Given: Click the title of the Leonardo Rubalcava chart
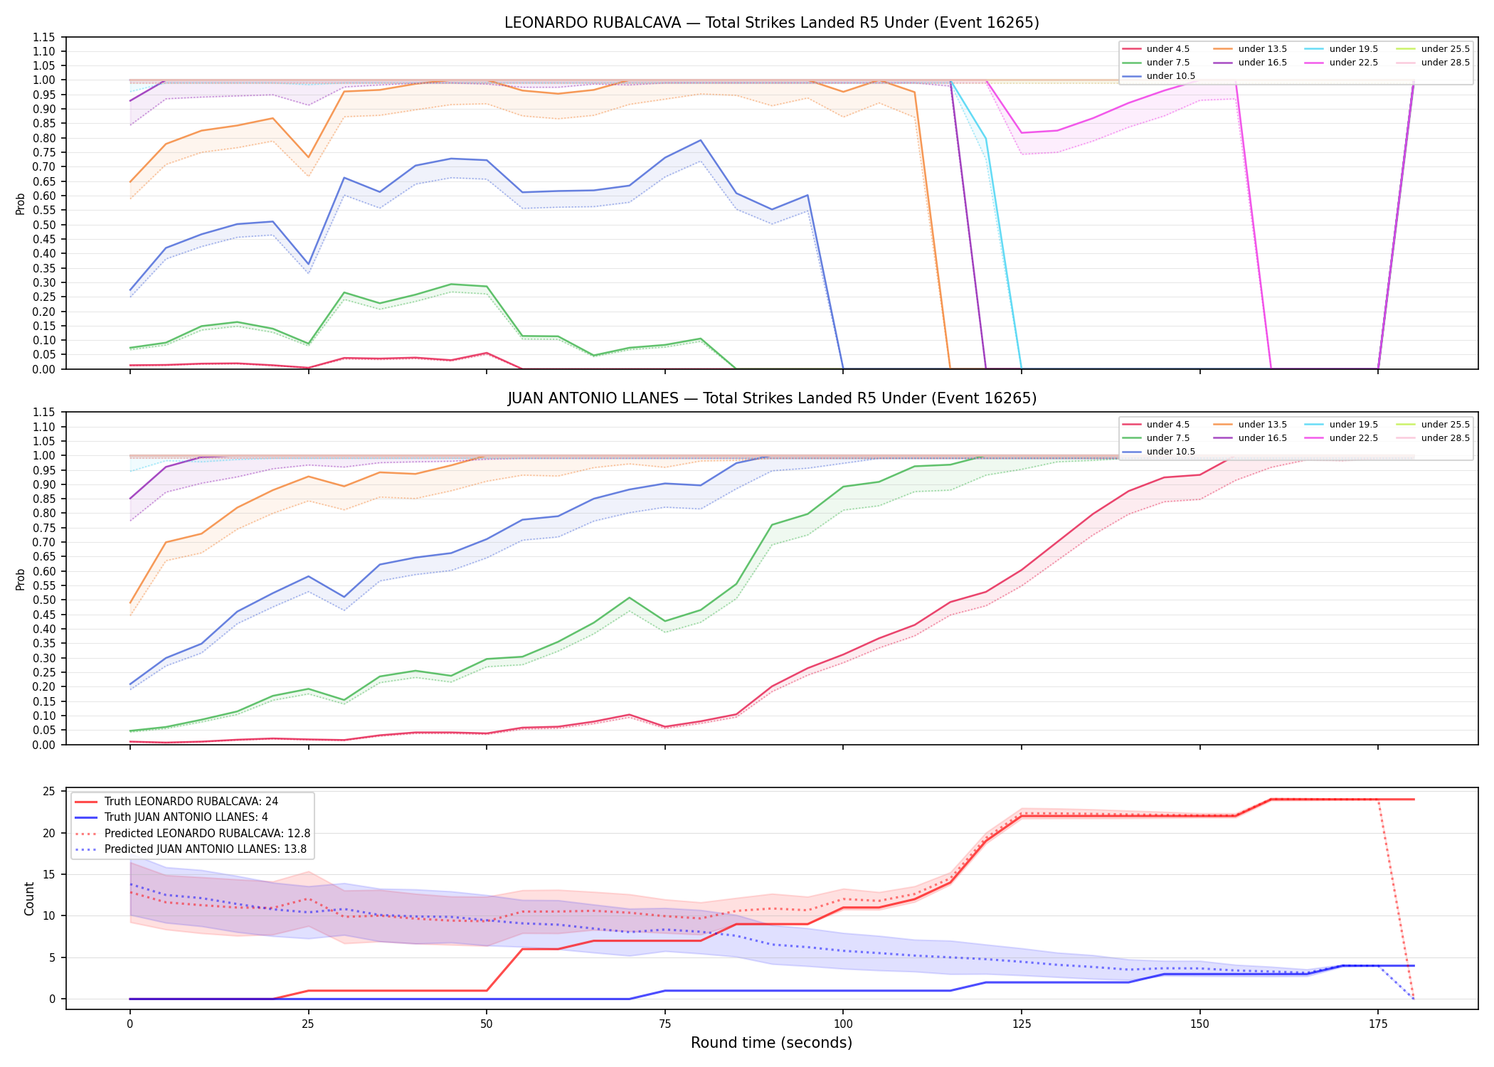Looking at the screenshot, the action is [x=771, y=23].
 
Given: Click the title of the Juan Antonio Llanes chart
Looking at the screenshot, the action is [x=771, y=398].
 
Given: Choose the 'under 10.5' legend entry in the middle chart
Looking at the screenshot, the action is [x=1159, y=452].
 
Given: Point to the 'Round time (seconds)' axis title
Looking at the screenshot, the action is [x=771, y=1043].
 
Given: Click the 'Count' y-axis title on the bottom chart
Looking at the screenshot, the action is [x=29, y=898].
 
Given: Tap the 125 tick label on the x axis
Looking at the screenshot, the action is [x=1022, y=1024].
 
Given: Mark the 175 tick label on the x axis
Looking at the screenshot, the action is [x=1378, y=1024].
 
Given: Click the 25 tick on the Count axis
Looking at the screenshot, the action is [x=50, y=792].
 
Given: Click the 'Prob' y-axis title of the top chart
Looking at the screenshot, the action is [x=21, y=203].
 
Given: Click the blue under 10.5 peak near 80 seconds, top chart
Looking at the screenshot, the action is [x=701, y=140].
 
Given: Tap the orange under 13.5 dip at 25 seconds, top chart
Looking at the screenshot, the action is [x=308, y=158].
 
